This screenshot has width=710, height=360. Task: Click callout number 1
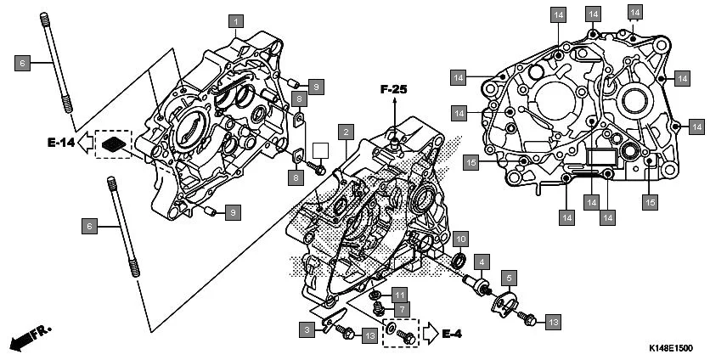tap(236, 20)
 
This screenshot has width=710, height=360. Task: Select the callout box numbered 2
tap(344, 132)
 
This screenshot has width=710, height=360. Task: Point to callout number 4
tap(481, 262)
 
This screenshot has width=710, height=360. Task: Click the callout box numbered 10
tap(459, 237)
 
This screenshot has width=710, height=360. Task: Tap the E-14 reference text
tap(60, 143)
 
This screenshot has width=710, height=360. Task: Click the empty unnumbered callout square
tap(320, 150)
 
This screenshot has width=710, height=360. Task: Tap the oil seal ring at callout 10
tap(458, 259)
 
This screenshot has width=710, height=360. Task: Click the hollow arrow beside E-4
tap(430, 333)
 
